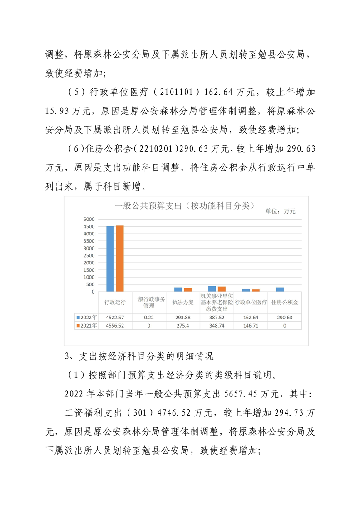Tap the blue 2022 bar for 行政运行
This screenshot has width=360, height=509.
[110, 259]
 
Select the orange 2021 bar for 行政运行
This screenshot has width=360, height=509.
[120, 258]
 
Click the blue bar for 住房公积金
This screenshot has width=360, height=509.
[280, 289]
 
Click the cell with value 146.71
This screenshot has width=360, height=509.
[251, 326]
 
